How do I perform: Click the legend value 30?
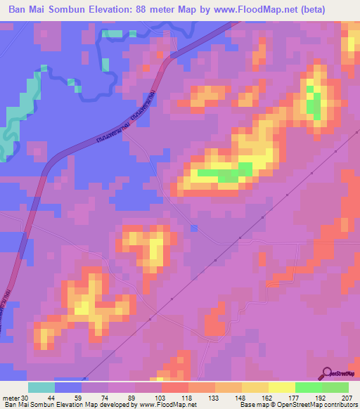[x=25, y=398]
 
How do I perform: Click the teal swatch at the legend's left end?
[x=41, y=387]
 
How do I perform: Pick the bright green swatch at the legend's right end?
[x=335, y=387]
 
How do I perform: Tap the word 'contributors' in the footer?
[x=340, y=405]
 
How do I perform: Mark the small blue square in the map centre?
[x=194, y=228]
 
